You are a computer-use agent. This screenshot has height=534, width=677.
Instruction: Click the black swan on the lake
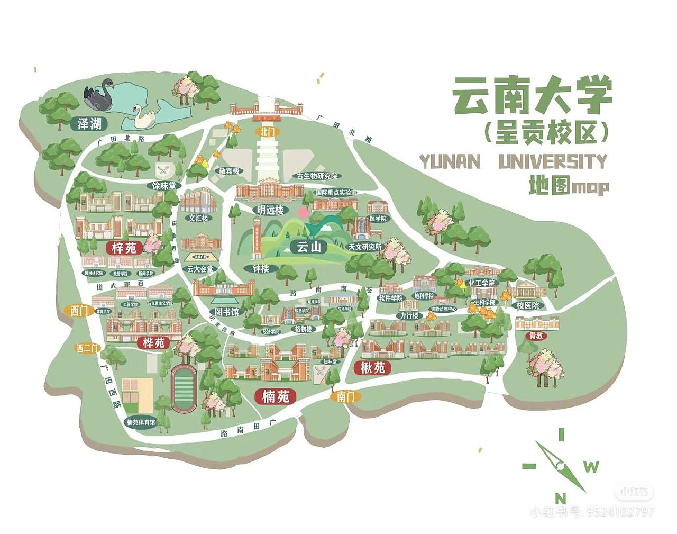[100, 94]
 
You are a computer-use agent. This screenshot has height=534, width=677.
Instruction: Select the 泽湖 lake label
[89, 124]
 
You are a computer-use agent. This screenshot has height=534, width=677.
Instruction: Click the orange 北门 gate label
[267, 131]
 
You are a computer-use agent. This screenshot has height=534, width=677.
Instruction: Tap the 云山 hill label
[309, 247]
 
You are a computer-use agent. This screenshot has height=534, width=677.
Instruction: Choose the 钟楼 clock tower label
[260, 268]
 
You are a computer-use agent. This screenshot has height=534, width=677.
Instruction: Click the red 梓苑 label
[124, 247]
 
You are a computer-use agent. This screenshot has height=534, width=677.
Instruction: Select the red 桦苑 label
[154, 342]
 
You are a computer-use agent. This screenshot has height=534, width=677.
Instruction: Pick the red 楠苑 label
[275, 396]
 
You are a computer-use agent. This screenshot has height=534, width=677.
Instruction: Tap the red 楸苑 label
[372, 367]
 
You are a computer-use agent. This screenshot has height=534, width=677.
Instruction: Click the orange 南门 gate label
[345, 396]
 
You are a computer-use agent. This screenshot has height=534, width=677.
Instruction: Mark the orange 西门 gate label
[79, 311]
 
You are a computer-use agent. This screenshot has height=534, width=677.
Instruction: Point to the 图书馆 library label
[226, 312]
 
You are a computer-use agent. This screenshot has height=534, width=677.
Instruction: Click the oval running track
[184, 389]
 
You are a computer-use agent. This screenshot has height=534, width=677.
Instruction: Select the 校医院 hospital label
[527, 305]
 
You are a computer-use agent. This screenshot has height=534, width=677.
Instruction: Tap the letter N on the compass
[561, 499]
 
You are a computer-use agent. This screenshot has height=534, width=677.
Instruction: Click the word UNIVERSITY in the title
[553, 161]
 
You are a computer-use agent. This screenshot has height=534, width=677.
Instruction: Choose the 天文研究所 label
[364, 247]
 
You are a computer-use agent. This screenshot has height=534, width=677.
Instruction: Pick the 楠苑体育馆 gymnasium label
[141, 422]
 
